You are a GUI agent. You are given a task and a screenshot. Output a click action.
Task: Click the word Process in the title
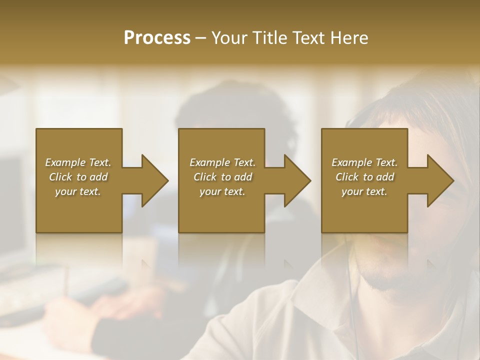point(157,38)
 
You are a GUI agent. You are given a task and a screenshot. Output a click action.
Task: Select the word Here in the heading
point(349,38)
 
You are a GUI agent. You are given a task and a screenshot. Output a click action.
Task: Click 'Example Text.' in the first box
point(78,162)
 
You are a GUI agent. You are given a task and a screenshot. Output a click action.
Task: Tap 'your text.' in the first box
point(78,191)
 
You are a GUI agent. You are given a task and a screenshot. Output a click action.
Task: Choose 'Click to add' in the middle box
point(222,177)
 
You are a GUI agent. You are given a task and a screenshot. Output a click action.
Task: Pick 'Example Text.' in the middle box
point(222,162)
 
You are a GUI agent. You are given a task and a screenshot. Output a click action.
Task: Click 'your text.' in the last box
point(364,191)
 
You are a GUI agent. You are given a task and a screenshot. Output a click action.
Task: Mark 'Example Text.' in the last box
point(364,162)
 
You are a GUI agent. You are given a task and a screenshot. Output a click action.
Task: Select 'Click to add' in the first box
point(78,177)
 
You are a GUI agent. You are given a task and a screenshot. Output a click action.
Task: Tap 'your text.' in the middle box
point(222,191)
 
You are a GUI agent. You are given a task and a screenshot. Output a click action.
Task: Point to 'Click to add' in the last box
point(364,177)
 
